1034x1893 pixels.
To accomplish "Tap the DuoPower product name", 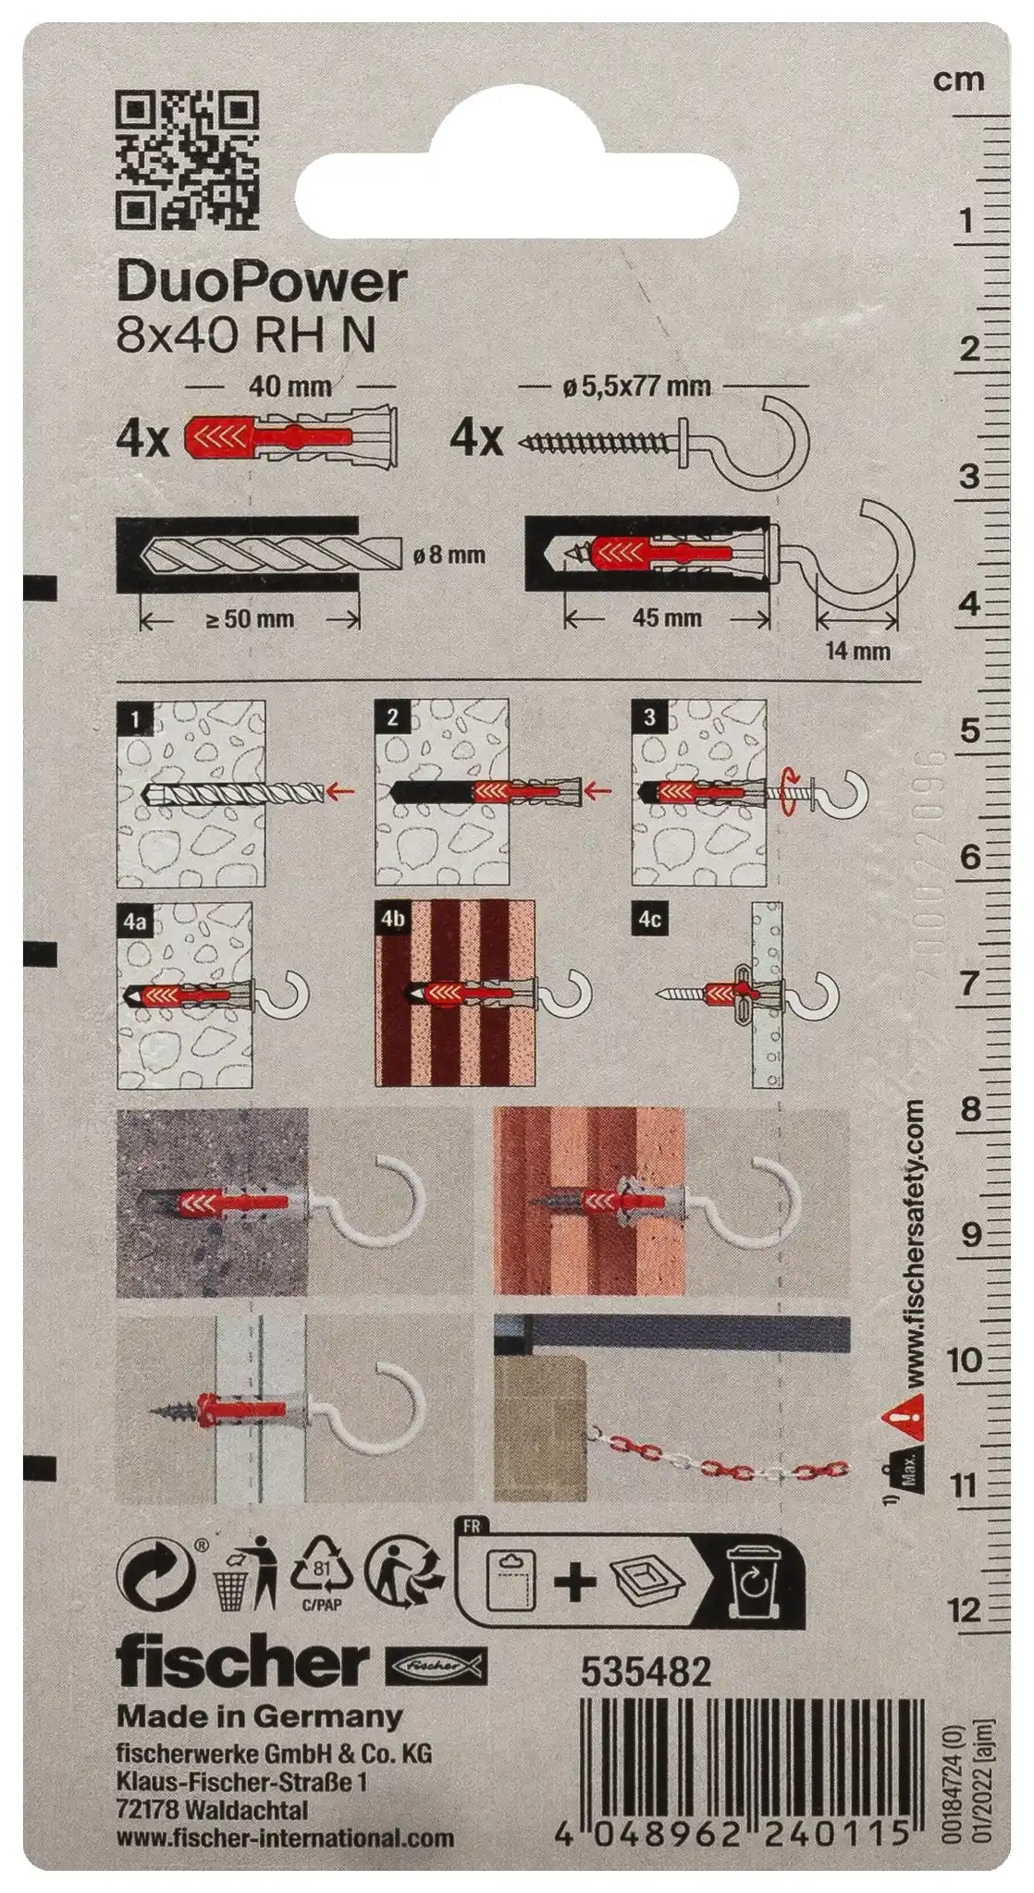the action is coord(262,282).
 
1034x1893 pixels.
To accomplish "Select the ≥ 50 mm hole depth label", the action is coord(250,619).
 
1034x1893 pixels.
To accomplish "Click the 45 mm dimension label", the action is coord(667,617).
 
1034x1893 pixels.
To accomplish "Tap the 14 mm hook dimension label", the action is coord(857,651).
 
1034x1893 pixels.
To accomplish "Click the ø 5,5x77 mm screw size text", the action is coord(635,385).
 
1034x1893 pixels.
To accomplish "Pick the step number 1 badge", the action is coord(136,719).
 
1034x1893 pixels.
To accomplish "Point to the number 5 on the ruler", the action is coord(969,731).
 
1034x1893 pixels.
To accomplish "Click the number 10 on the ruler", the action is coord(964,1361).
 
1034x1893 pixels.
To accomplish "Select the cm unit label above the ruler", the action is coord(959,80).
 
